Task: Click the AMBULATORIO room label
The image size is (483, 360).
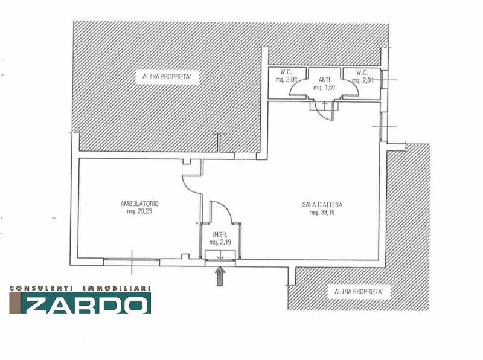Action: click(x=139, y=204)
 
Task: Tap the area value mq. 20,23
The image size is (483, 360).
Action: click(x=139, y=212)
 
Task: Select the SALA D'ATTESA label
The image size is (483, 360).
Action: click(x=322, y=205)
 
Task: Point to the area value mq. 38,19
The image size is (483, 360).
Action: click(x=322, y=213)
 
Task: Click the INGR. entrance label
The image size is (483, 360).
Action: click(x=220, y=234)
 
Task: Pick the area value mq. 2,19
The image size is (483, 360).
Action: click(x=220, y=242)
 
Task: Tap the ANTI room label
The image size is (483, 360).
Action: click(x=324, y=80)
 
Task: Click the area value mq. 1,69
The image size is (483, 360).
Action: click(x=324, y=88)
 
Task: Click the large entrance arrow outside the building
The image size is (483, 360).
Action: click(x=220, y=276)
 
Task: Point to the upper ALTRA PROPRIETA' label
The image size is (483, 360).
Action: click(x=167, y=77)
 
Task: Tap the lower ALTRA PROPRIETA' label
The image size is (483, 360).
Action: click(x=359, y=291)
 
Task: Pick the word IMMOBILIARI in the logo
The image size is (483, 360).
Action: click(x=117, y=288)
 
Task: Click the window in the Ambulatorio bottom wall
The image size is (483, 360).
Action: click(x=132, y=262)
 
